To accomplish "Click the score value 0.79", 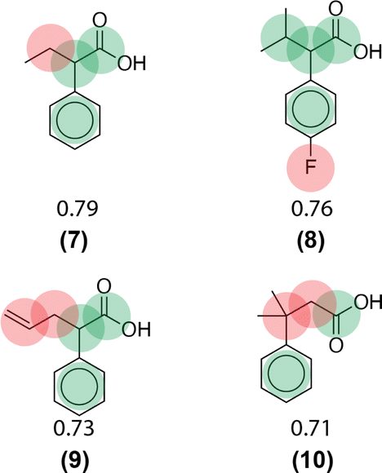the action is (x=78, y=209).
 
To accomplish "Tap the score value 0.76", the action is (x=312, y=209).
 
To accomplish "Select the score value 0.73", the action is (x=73, y=428).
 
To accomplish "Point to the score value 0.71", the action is (x=310, y=428).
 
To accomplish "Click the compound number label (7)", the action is (x=74, y=241).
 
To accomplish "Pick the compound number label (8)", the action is (x=311, y=241).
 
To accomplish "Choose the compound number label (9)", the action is (x=75, y=461).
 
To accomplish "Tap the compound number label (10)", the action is (x=313, y=461).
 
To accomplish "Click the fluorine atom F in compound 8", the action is (x=310, y=167).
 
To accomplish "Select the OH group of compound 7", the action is (x=131, y=63).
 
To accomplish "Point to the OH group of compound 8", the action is (x=367, y=51).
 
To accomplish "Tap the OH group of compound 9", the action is (x=136, y=329).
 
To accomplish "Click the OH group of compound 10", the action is (x=368, y=303).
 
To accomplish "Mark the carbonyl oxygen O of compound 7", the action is (x=100, y=20).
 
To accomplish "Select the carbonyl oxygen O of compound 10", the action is (x=335, y=345).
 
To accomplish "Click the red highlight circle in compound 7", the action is (x=51, y=48).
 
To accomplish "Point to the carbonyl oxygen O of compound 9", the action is (x=104, y=286).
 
